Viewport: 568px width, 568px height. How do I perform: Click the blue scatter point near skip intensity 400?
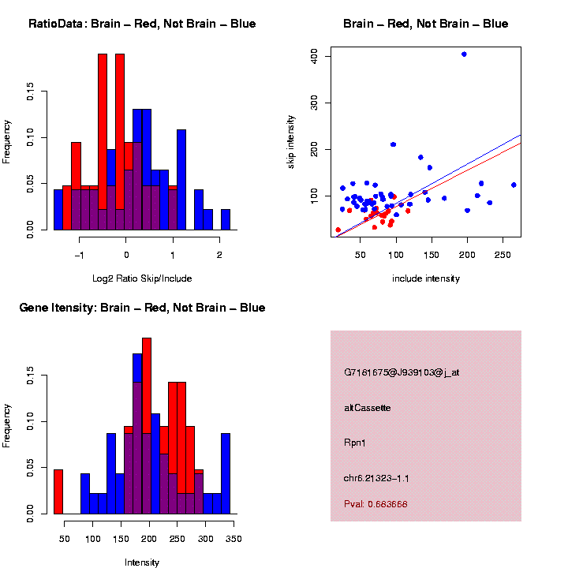point(464,54)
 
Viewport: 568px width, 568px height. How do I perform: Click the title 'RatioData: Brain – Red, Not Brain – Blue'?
point(142,24)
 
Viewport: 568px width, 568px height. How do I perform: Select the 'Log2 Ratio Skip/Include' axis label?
point(142,278)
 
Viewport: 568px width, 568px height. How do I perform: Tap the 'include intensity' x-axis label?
point(426,278)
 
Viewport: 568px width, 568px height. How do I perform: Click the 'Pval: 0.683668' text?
point(376,504)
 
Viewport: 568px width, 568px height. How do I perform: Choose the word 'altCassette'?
point(368,408)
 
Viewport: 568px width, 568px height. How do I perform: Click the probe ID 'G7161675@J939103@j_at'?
point(402,372)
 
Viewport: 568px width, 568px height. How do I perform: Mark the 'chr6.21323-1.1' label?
point(376,478)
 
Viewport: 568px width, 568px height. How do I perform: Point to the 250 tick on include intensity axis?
point(503,255)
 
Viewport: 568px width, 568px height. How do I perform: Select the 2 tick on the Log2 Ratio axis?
point(219,255)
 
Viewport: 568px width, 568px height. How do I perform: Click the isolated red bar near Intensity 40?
point(58,491)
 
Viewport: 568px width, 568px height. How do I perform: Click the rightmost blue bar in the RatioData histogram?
point(226,219)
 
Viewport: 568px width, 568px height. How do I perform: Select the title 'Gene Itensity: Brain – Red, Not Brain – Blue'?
point(142,308)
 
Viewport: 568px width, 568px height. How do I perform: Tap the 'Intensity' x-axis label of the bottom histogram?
point(142,562)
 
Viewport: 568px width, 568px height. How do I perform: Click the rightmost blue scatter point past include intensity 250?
point(514,185)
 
